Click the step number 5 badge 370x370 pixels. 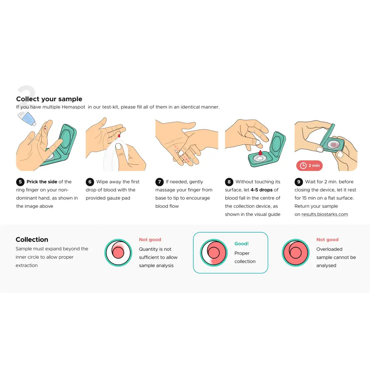click(x=20, y=182)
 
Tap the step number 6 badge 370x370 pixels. click(x=90, y=182)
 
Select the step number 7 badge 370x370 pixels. click(x=160, y=182)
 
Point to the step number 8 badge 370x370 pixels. click(x=229, y=182)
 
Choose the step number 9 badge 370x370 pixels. click(x=299, y=182)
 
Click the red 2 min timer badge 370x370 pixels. click(x=309, y=166)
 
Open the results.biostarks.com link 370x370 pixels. click(x=325, y=214)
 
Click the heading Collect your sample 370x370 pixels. click(x=49, y=99)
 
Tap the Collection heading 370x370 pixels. click(x=32, y=239)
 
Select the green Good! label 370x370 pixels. click(x=242, y=244)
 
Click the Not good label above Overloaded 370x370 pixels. click(x=327, y=239)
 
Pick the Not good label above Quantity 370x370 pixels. click(x=150, y=239)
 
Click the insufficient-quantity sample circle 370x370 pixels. click(x=118, y=253)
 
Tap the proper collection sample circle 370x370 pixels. click(x=214, y=253)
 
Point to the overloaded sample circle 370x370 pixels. click(x=296, y=253)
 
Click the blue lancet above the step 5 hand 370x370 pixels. click(x=27, y=119)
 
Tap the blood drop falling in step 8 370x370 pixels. click(x=260, y=153)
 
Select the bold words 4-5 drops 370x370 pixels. click(x=261, y=190)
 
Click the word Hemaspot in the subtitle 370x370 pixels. click(x=73, y=107)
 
